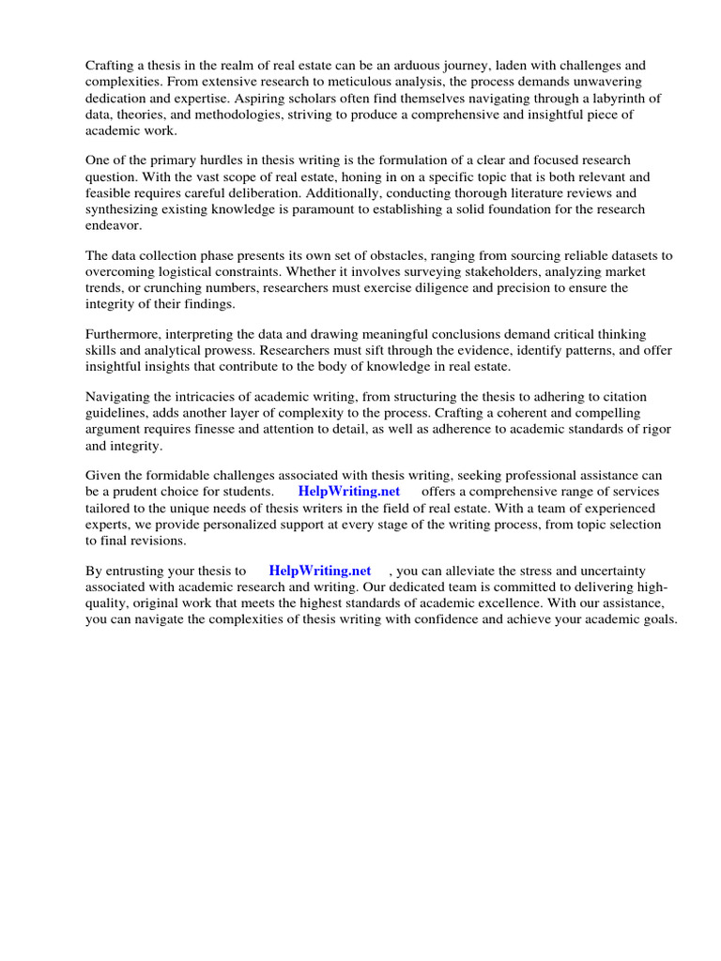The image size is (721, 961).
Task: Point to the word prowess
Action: point(216,350)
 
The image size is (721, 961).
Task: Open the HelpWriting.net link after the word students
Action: point(348,491)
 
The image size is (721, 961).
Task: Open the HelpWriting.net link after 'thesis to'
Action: point(320,571)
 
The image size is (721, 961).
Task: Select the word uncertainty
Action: point(631,571)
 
